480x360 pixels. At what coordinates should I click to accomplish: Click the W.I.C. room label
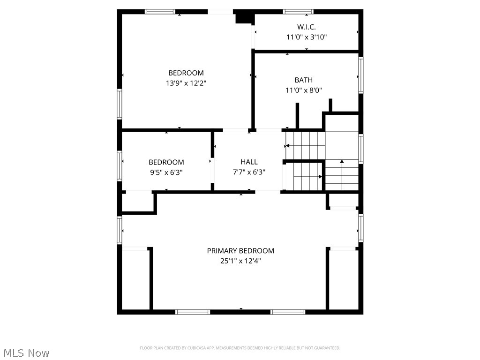point(306,27)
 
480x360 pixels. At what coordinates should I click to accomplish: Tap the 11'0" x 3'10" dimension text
point(306,37)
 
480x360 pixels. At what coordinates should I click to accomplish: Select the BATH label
point(303,80)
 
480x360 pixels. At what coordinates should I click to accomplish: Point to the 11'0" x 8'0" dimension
point(303,90)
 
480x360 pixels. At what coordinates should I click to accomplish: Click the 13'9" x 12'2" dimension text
point(186,83)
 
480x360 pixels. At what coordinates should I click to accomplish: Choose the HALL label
point(249,162)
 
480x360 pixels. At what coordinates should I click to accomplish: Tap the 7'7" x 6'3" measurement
point(249,172)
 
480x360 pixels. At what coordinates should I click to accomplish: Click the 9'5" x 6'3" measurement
point(166,172)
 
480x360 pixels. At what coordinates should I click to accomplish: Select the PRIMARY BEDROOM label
point(240,251)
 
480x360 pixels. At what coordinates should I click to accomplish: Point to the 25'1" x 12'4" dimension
point(240,261)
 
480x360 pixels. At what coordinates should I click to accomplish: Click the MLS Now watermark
point(26,352)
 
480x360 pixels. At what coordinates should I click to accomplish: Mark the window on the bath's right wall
point(360,75)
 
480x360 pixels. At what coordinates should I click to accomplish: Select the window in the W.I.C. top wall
point(298,11)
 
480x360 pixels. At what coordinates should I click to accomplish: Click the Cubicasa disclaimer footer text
point(240,348)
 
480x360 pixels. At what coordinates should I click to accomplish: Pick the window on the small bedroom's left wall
point(120,165)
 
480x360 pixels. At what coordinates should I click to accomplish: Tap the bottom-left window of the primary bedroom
point(193,312)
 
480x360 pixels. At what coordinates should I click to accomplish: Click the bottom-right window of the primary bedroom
point(288,312)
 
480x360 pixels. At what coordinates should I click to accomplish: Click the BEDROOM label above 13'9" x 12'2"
point(186,73)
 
